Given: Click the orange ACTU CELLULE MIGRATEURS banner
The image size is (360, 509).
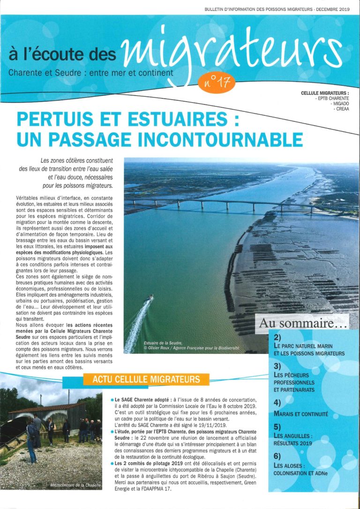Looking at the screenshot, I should (x=146, y=379).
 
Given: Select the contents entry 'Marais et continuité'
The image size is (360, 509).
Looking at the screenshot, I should (x=300, y=414).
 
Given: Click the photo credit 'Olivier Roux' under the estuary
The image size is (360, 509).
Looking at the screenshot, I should (x=161, y=349).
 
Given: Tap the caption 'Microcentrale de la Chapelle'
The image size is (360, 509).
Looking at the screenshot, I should (x=75, y=482).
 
